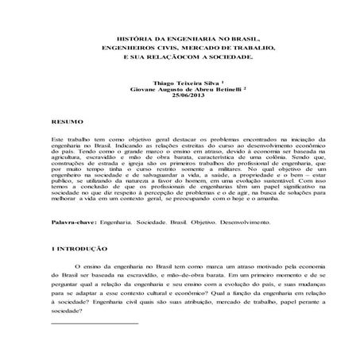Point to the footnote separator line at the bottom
tap(94, 324)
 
